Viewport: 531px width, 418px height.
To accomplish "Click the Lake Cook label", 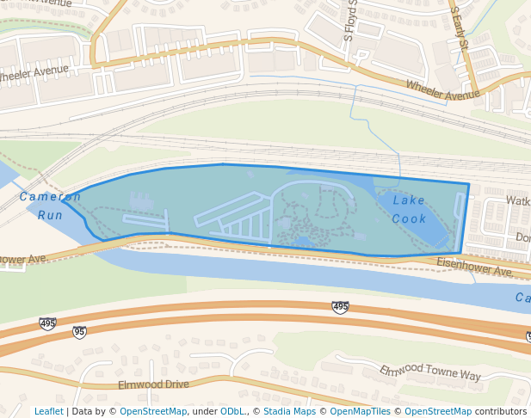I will click(x=410, y=209).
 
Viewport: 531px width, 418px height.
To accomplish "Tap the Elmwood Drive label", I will click(x=152, y=384).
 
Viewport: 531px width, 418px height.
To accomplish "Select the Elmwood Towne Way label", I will click(x=430, y=372).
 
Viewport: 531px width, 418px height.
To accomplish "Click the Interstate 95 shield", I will click(x=79, y=332).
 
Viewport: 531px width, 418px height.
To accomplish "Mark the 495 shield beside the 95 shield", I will click(x=47, y=323).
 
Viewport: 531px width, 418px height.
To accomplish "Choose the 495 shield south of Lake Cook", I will click(x=341, y=307).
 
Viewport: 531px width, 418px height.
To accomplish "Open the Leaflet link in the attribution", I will click(x=48, y=411).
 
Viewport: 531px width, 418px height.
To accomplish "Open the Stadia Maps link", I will click(x=288, y=411).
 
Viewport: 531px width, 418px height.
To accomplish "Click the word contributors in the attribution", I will click(x=500, y=411).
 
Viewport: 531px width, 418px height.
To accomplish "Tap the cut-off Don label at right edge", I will click(x=522, y=237).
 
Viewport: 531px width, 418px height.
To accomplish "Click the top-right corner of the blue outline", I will click(x=469, y=184).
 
